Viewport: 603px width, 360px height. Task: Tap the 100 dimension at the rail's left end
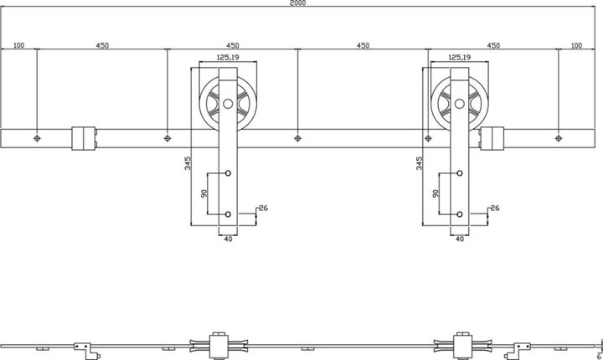(x=18, y=45)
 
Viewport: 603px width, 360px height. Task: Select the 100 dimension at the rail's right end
(x=576, y=45)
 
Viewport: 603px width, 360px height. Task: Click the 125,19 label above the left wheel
(x=228, y=58)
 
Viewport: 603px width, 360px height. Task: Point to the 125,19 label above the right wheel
(x=459, y=58)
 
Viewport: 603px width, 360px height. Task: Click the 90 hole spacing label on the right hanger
(x=436, y=194)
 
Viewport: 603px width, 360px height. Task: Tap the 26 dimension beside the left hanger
(x=262, y=208)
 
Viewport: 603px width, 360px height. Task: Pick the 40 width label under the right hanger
(x=459, y=239)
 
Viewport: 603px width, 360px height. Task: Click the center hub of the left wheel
(x=227, y=105)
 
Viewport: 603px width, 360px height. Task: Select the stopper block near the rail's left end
(x=85, y=138)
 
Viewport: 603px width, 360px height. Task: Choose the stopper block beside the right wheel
(x=492, y=138)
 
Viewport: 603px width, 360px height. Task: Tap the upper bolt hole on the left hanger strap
(x=227, y=173)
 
